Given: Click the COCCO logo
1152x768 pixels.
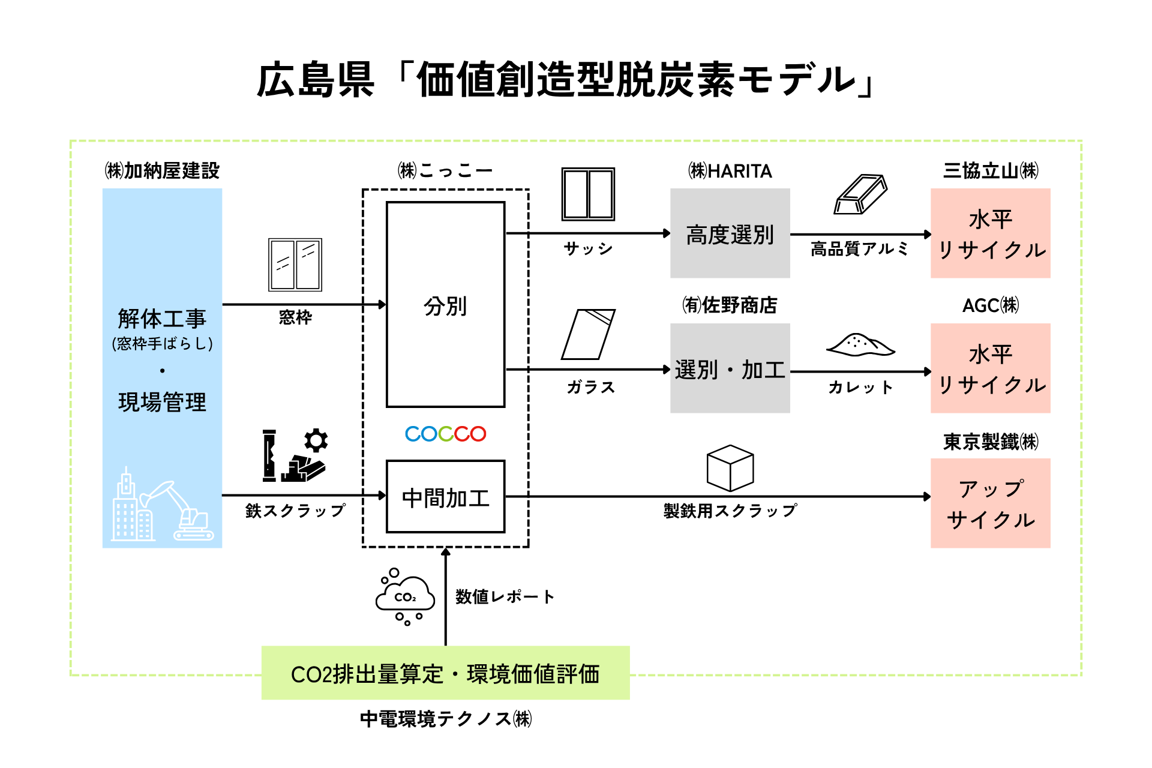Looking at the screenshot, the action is point(445,434).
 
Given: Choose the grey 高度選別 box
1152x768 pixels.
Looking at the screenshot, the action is point(730,233).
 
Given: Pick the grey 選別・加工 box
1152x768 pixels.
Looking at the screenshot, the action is point(730,368).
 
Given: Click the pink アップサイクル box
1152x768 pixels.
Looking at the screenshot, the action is point(991,503).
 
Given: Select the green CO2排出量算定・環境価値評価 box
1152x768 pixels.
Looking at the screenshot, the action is point(446,673).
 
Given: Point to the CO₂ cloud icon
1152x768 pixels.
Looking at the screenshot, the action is point(405,596).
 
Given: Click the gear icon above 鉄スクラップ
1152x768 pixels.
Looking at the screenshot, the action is point(316,440).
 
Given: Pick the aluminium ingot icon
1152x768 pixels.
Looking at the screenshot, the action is point(860,194).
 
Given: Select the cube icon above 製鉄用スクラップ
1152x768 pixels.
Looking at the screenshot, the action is point(730,468).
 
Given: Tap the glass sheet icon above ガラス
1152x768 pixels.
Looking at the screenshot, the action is point(589,334).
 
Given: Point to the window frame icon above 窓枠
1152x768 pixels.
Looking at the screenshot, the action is point(295,265).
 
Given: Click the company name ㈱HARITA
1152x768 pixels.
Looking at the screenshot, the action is point(730,171).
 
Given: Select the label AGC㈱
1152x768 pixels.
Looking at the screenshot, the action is point(991,305).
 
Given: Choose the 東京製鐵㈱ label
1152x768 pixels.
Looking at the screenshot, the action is point(991,442).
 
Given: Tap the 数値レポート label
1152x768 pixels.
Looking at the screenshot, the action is point(505,596).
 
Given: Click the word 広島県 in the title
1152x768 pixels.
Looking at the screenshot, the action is point(316,80).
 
